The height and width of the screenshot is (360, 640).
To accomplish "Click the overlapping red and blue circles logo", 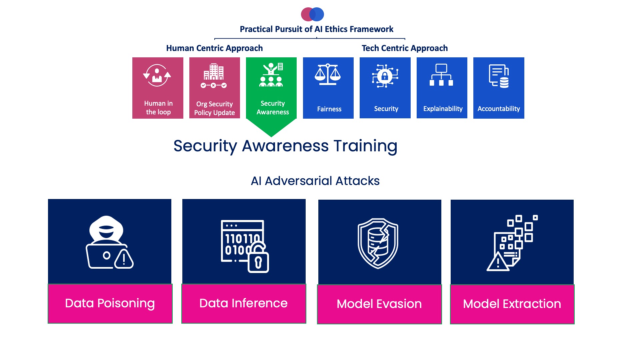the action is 312,14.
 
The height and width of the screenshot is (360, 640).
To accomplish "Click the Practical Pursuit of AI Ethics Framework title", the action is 316,29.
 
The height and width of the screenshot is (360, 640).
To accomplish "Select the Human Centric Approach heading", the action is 214,48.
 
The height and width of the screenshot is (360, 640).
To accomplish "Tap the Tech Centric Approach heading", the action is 405,48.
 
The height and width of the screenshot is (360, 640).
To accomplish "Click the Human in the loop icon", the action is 157,75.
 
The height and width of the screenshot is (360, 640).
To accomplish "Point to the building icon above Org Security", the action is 214,72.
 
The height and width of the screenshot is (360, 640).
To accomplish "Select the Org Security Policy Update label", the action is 215,108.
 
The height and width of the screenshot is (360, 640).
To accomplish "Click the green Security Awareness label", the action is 273,108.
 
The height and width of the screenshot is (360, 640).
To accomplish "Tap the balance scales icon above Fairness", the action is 328,74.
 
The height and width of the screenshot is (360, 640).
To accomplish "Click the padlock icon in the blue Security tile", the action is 385,76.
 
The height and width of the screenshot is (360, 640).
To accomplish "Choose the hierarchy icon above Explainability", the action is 441,75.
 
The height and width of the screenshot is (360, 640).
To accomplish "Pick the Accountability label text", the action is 499,109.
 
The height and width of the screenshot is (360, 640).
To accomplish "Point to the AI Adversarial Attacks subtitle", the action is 315,181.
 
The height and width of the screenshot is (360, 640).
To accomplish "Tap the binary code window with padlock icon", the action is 245,246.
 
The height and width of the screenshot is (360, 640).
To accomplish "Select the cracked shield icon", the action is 378,243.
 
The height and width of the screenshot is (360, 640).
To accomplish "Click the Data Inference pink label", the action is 244,303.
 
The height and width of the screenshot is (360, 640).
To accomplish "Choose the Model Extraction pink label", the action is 512,304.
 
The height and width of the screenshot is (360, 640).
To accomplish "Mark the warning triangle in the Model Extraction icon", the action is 498,262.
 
